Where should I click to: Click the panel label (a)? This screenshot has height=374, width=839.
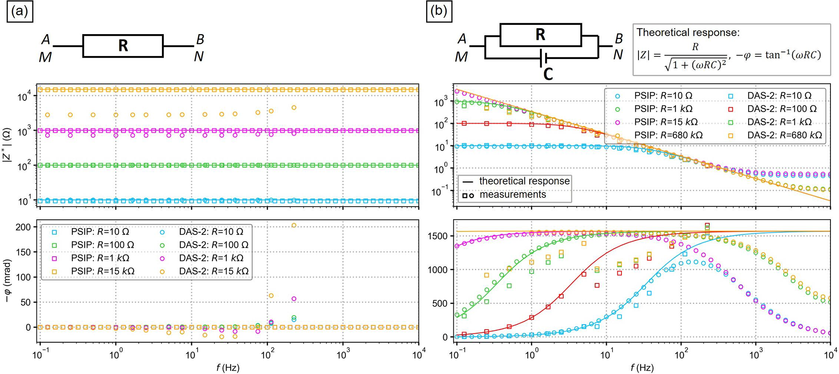[19, 11]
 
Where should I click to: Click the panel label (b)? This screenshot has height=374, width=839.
[438, 11]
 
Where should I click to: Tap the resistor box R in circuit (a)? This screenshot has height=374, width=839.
[123, 46]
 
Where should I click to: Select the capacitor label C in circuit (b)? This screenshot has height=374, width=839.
[548, 74]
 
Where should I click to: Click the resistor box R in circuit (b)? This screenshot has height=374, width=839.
[540, 35]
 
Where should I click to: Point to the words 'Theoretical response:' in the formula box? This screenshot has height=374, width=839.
[688, 33]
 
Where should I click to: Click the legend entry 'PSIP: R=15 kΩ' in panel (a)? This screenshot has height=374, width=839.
[103, 271]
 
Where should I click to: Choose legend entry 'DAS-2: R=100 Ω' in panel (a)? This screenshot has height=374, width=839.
[214, 245]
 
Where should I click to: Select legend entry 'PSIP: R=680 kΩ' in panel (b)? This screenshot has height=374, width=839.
[664, 135]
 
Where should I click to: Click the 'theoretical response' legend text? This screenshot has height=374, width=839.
[524, 181]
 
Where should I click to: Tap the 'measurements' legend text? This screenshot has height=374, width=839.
[513, 195]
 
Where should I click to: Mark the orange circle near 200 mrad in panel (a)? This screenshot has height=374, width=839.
[294, 225]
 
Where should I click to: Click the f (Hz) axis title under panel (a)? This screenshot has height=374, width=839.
[228, 368]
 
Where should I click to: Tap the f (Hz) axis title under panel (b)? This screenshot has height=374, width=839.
[642, 368]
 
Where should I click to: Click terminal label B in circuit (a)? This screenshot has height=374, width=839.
[200, 39]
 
